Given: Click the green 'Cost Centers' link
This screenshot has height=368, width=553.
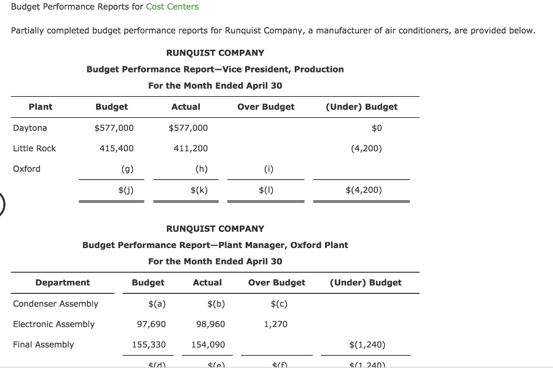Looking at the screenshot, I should pos(172,7).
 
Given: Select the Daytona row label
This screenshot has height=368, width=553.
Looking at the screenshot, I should pos(30,128).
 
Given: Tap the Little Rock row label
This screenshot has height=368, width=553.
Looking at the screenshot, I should pos(34,149).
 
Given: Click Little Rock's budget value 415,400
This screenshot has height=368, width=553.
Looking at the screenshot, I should pos(117,149).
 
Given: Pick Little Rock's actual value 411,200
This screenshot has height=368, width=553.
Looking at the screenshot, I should pos(191,149).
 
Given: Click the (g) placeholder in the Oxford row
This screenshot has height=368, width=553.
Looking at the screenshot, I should pos(128,169).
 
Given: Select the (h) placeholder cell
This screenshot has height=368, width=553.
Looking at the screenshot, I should pos(201,169).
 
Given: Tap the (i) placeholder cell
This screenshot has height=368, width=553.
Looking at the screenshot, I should pos(268,169).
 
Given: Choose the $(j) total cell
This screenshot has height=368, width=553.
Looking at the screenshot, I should pos(126,190).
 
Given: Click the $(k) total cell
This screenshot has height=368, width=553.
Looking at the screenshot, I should pos(199,190).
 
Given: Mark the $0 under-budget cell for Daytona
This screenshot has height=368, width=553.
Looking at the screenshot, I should pos(377,128).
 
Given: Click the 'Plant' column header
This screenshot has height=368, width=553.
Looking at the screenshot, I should pos(41,107).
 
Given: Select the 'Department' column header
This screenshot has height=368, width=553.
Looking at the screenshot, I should pos(63,283).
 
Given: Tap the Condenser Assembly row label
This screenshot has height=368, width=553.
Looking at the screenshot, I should pos(56,304).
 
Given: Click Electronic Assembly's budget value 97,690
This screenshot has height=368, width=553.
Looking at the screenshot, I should pos(152,324).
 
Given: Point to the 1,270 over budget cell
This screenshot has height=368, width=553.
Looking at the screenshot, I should pos(275,324).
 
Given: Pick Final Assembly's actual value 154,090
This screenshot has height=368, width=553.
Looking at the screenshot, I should pos(208,345).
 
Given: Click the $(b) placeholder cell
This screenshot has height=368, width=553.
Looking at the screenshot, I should pos(216,304).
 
